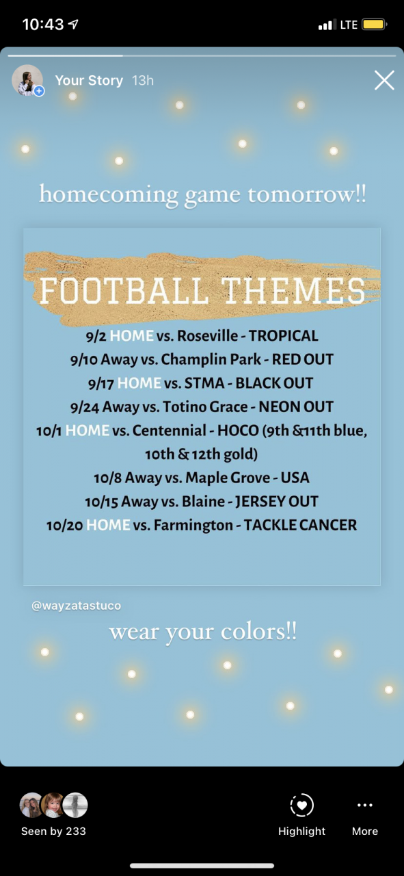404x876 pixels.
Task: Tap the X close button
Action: point(384,80)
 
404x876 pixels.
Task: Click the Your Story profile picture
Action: point(27,80)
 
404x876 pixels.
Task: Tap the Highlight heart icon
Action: point(301,805)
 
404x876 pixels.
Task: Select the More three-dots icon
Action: point(365,805)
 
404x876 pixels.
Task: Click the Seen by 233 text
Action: point(53,831)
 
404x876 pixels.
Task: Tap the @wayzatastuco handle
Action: point(76,606)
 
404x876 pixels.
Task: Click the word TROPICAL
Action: point(283,335)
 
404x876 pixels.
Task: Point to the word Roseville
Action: point(208,335)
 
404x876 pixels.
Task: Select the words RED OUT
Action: point(302,359)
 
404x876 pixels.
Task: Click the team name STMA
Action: point(204,383)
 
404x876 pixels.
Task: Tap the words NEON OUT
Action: point(296,407)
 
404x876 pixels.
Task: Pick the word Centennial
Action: point(169,430)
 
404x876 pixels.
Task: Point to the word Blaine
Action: point(203,502)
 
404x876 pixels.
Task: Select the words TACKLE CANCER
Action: point(300,525)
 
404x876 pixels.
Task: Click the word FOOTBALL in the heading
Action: point(124,291)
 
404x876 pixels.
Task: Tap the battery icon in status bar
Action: point(374,25)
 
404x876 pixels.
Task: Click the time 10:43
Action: point(43,25)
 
